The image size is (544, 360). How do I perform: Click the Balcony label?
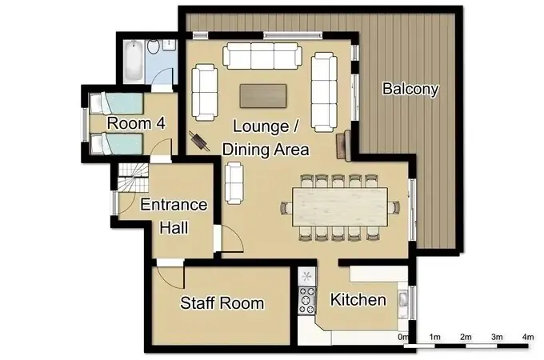pyautogui.click(x=410, y=89)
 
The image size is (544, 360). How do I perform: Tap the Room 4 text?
pyautogui.click(x=136, y=124)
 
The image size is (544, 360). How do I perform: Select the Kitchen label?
pyautogui.click(x=358, y=301)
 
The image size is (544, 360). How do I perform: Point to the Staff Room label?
pyautogui.click(x=222, y=303)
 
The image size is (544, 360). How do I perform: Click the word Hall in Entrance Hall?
pyautogui.click(x=174, y=228)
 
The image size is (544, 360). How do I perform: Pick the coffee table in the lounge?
pyautogui.click(x=263, y=94)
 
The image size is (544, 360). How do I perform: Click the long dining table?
pyautogui.click(x=341, y=206)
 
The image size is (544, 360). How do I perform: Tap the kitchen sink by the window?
pyautogui.click(x=403, y=301)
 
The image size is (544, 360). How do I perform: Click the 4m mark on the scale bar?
pyautogui.click(x=527, y=337)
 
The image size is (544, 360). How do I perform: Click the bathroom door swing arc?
pyautogui.click(x=162, y=78)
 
